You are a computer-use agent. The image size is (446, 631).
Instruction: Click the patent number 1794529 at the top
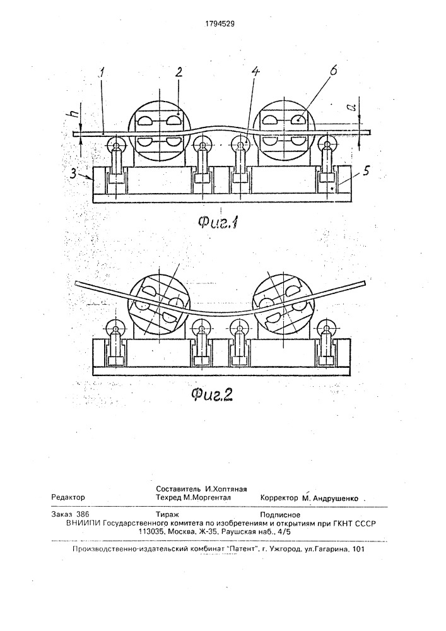pos(220,23)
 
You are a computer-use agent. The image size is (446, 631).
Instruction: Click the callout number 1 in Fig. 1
pos(102,74)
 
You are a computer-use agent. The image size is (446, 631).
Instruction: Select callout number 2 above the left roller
pos(179,72)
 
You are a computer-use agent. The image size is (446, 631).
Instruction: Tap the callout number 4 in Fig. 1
pos(255,72)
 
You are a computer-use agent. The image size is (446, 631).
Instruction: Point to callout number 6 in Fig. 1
pos(332,70)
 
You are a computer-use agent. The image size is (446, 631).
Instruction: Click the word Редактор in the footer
pos(68,497)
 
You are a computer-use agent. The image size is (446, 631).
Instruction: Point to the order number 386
pos(83,514)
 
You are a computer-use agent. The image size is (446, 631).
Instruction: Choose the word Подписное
pos(280,515)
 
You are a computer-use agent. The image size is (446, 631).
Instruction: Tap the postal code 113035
pos(150,531)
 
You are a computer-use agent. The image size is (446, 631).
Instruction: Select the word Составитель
pos(179,489)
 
